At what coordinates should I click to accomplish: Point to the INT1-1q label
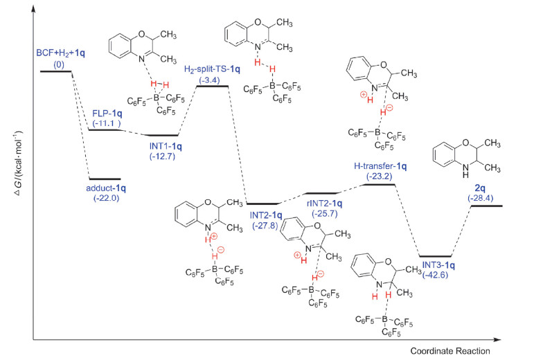[x=161, y=137]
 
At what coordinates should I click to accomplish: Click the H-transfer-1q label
[x=380, y=166]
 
